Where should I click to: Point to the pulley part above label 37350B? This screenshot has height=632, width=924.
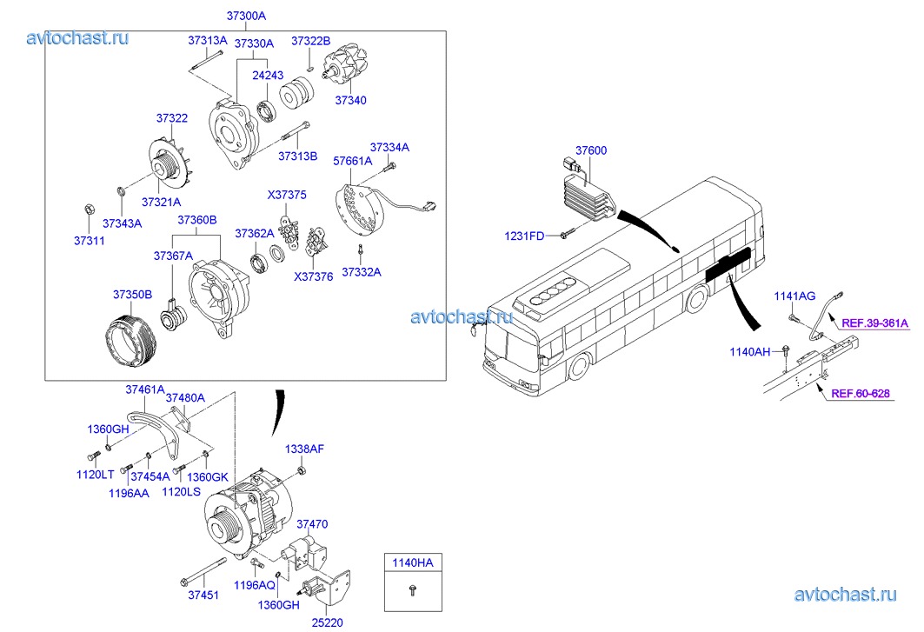(129, 344)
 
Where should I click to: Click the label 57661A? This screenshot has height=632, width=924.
(353, 161)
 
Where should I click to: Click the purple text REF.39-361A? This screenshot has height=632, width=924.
(874, 323)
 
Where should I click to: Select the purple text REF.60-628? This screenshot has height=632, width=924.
(861, 394)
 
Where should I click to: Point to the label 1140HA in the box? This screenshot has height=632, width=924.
(411, 562)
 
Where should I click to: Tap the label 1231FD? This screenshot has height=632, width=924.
(525, 236)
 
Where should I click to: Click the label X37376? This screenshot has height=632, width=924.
(312, 277)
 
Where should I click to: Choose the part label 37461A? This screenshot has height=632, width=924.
(144, 389)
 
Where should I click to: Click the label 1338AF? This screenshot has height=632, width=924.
(304, 449)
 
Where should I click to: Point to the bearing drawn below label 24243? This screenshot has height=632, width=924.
(267, 110)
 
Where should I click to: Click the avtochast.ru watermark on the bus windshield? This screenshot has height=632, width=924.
(461, 316)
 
